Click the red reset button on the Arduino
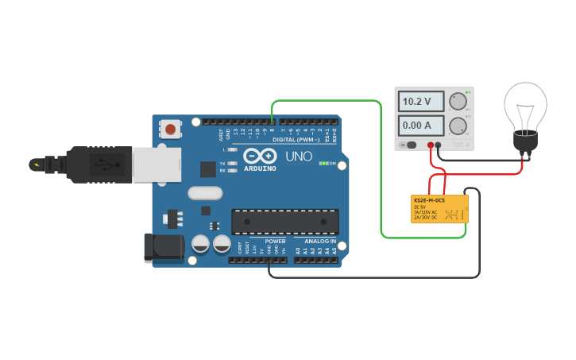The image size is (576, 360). (170, 128)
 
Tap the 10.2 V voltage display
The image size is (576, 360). (416, 102)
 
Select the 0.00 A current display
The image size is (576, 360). (416, 125)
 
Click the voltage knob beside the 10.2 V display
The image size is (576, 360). (457, 101)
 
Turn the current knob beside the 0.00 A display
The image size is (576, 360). (457, 126)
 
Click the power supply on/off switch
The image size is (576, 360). (411, 145)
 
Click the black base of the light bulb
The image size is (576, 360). (524, 141)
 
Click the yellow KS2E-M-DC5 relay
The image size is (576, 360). (439, 208)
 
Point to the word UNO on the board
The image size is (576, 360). (299, 157)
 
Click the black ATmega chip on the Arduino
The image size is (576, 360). (284, 222)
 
